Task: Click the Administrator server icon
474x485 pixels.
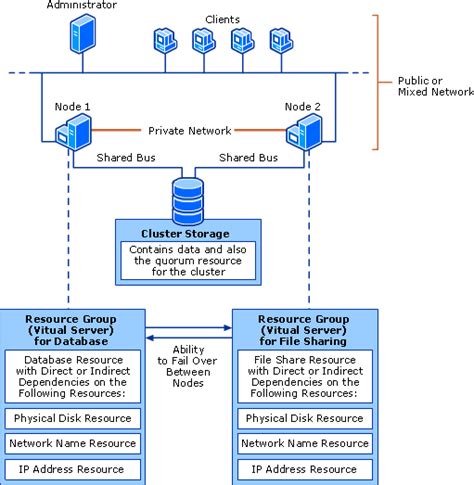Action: point(83,33)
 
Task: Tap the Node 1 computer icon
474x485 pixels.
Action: point(73,132)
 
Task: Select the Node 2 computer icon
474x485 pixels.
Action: point(304,132)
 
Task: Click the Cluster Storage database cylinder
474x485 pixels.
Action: point(188,201)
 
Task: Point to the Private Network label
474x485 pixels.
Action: point(190,131)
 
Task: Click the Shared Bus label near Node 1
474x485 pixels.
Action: point(126,157)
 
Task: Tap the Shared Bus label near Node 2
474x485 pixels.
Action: point(248,157)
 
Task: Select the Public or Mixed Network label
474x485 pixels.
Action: point(436,86)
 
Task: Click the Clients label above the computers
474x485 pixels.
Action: point(222,19)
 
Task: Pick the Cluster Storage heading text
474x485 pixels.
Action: point(185,234)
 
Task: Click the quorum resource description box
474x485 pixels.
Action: point(188,261)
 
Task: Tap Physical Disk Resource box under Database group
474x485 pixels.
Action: point(73,418)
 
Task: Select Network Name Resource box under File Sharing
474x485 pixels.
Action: point(305,443)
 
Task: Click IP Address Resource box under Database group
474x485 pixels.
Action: point(73,469)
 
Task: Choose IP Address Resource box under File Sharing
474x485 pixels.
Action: point(305,469)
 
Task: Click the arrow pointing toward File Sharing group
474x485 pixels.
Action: point(189,328)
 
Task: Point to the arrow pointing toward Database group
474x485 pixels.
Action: point(189,338)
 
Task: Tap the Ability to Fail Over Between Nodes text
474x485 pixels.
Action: point(188,366)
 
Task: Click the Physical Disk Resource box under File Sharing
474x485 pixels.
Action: point(305,418)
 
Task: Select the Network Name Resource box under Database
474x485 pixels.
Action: point(73,443)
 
